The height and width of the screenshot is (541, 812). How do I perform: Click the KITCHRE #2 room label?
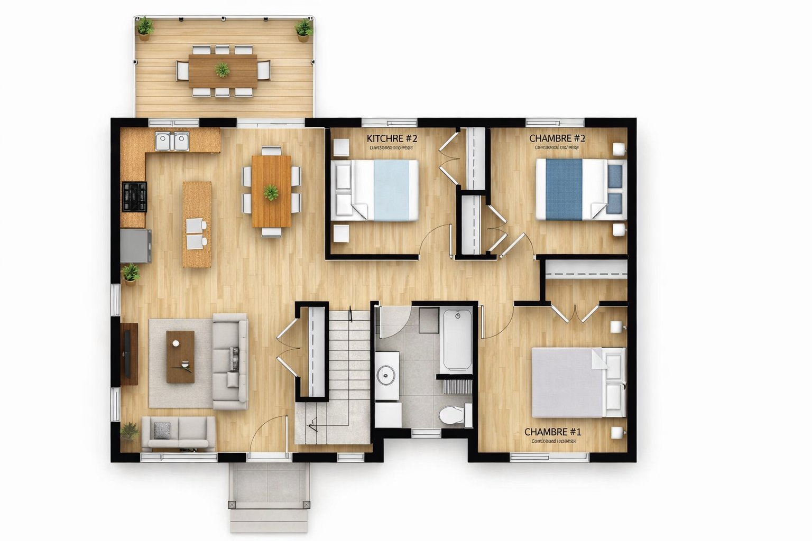pyautogui.click(x=392, y=138)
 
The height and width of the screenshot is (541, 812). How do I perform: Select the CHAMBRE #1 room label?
pyautogui.click(x=552, y=432)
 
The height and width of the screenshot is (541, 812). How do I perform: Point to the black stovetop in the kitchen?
pyautogui.click(x=134, y=196)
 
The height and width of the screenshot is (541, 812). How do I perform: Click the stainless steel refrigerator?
pyautogui.click(x=135, y=246)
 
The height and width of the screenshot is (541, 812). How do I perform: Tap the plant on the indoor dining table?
pyautogui.click(x=271, y=192)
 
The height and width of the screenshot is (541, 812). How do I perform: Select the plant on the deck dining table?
pyautogui.click(x=223, y=70)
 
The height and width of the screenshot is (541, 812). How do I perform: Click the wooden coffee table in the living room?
pyautogui.click(x=180, y=357)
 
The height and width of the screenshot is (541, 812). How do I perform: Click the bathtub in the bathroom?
pyautogui.click(x=457, y=341)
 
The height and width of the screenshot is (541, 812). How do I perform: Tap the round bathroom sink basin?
pyautogui.click(x=387, y=376)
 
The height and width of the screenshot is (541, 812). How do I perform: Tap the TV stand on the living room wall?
pyautogui.click(x=128, y=353)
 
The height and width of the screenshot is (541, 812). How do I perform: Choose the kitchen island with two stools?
pyautogui.click(x=197, y=224)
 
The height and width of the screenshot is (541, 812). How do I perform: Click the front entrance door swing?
pyautogui.click(x=270, y=436)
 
